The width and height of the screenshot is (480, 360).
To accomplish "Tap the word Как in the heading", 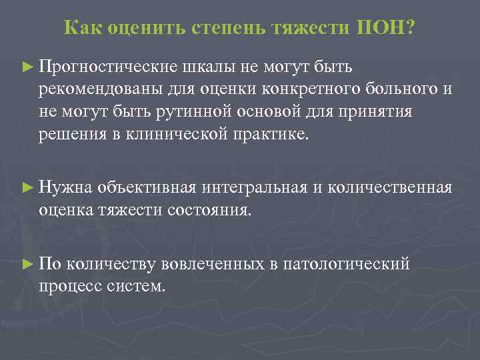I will [x=82, y=28].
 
